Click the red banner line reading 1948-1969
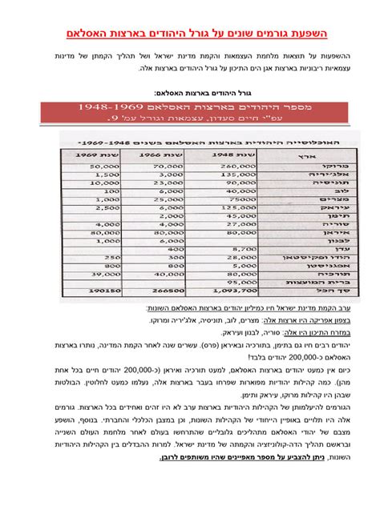189,107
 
